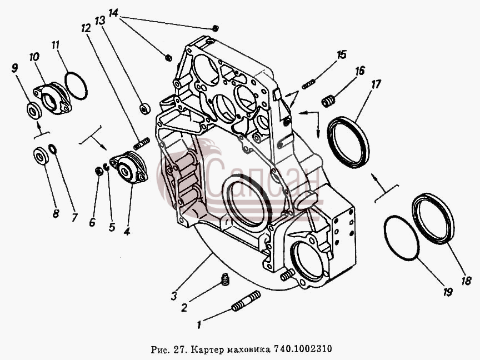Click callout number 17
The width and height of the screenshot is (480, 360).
click(376, 84)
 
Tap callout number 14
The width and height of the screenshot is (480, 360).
click(113, 13)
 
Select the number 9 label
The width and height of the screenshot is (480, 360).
click(14, 68)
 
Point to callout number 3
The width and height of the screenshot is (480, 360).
click(174, 296)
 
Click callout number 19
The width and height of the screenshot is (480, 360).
click(447, 292)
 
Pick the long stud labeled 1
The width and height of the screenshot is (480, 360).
click(246, 301)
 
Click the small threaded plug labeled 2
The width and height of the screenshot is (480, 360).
click(225, 279)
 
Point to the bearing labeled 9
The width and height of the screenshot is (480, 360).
click(34, 110)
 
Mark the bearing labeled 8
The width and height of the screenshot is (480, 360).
click(41, 156)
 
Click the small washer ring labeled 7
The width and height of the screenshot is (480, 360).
click(53, 148)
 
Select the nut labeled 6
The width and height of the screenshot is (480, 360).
click(98, 171)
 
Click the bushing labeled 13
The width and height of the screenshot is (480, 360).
click(145, 109)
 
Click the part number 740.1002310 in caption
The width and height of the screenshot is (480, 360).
click(303, 349)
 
